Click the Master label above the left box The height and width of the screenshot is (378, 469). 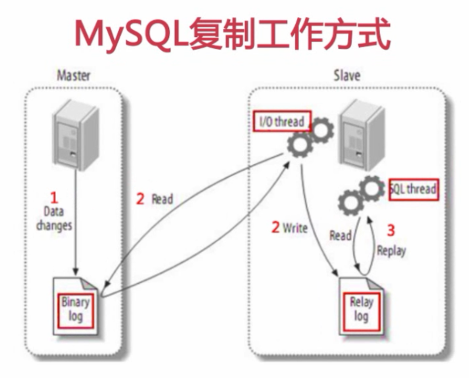point(74,75)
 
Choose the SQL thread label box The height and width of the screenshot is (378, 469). point(414,189)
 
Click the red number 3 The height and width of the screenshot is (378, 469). point(391,230)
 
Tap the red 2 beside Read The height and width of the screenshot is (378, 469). point(140,199)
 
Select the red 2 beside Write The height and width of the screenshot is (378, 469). point(276,228)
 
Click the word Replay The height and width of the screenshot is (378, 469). point(391,250)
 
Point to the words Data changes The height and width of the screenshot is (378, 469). point(54,218)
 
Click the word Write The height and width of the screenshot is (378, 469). point(295,229)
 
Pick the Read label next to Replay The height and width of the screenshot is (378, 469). point(340,235)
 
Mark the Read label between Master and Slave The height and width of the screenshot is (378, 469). point(162,199)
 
